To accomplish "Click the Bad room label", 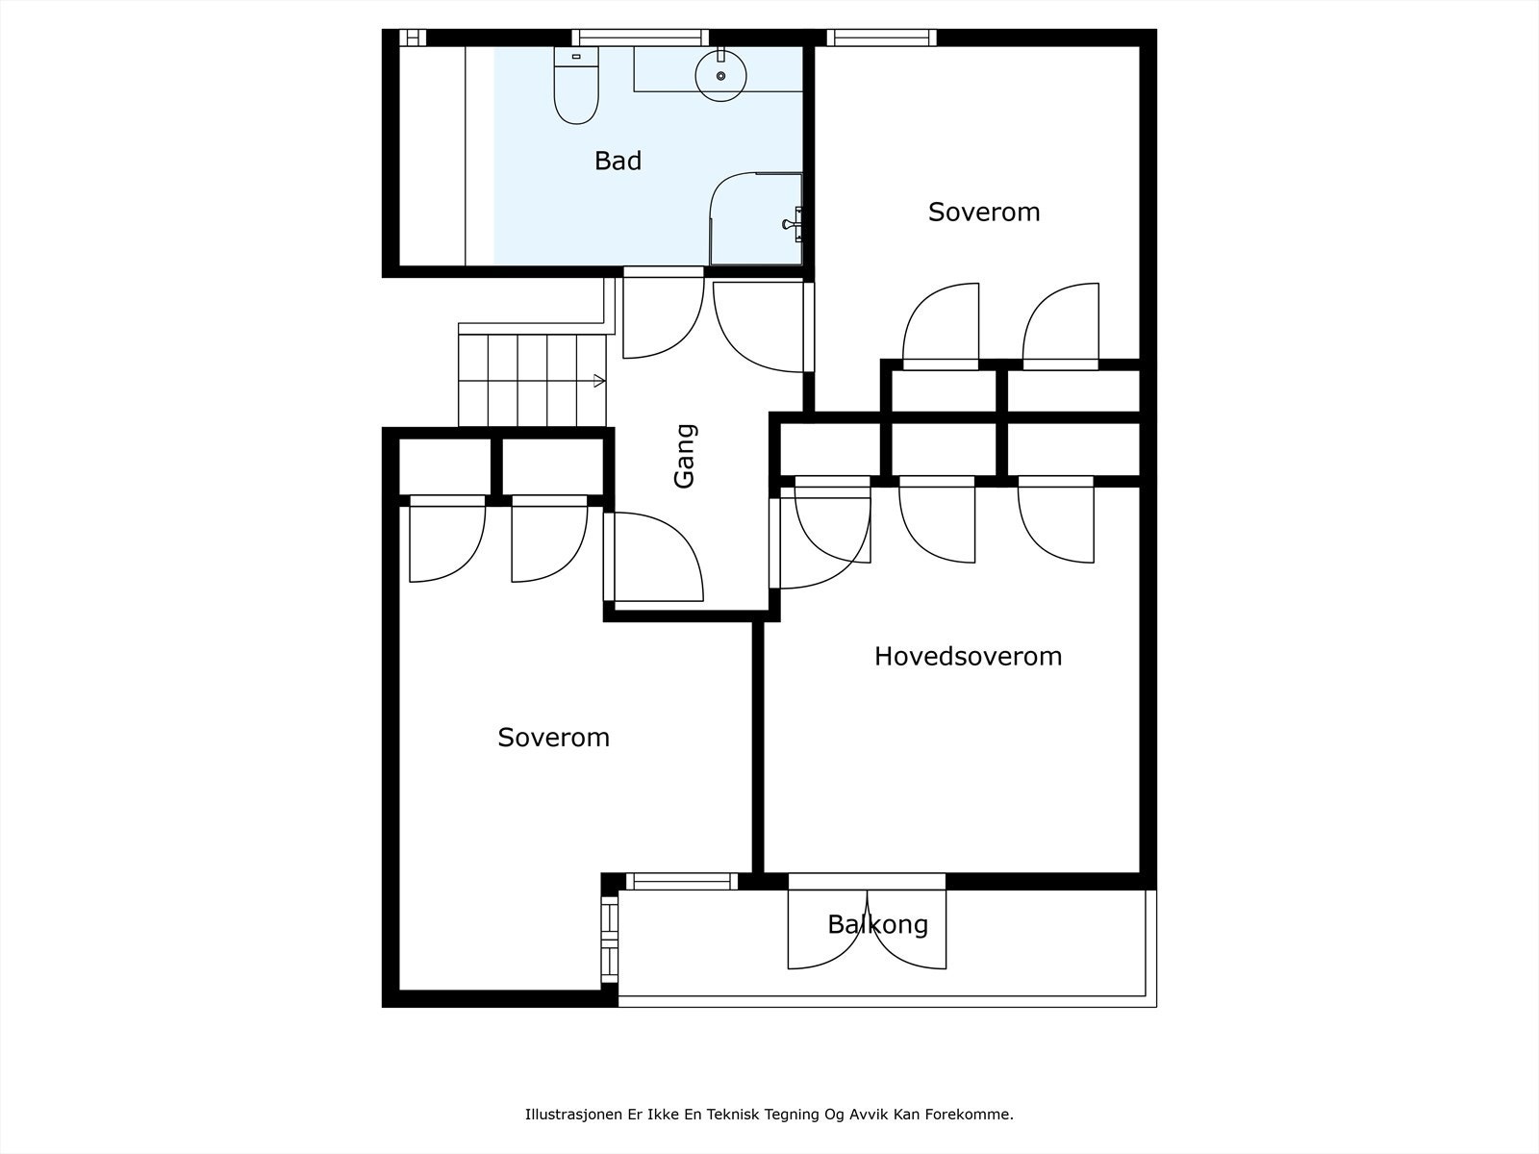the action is coord(618,162).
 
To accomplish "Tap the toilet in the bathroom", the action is coord(576,86).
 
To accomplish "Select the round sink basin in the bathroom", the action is coord(720,76).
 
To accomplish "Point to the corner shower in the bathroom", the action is coord(756,218).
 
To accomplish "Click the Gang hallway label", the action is coord(684,456).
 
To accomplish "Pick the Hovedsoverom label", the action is coord(968,657).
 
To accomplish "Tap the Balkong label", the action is coord(878,925).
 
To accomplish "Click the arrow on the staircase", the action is coord(599,381).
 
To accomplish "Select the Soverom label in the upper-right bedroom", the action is coord(984,213).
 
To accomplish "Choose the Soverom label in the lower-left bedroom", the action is coord(553,738).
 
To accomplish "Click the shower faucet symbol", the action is coord(793,224).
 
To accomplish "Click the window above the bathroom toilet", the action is coord(641,38).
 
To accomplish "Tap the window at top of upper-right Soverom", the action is coord(881,38).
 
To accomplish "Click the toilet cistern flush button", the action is coord(576,56).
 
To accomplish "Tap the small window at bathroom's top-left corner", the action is coord(413,38).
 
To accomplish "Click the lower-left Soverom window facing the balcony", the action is coord(610,939).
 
